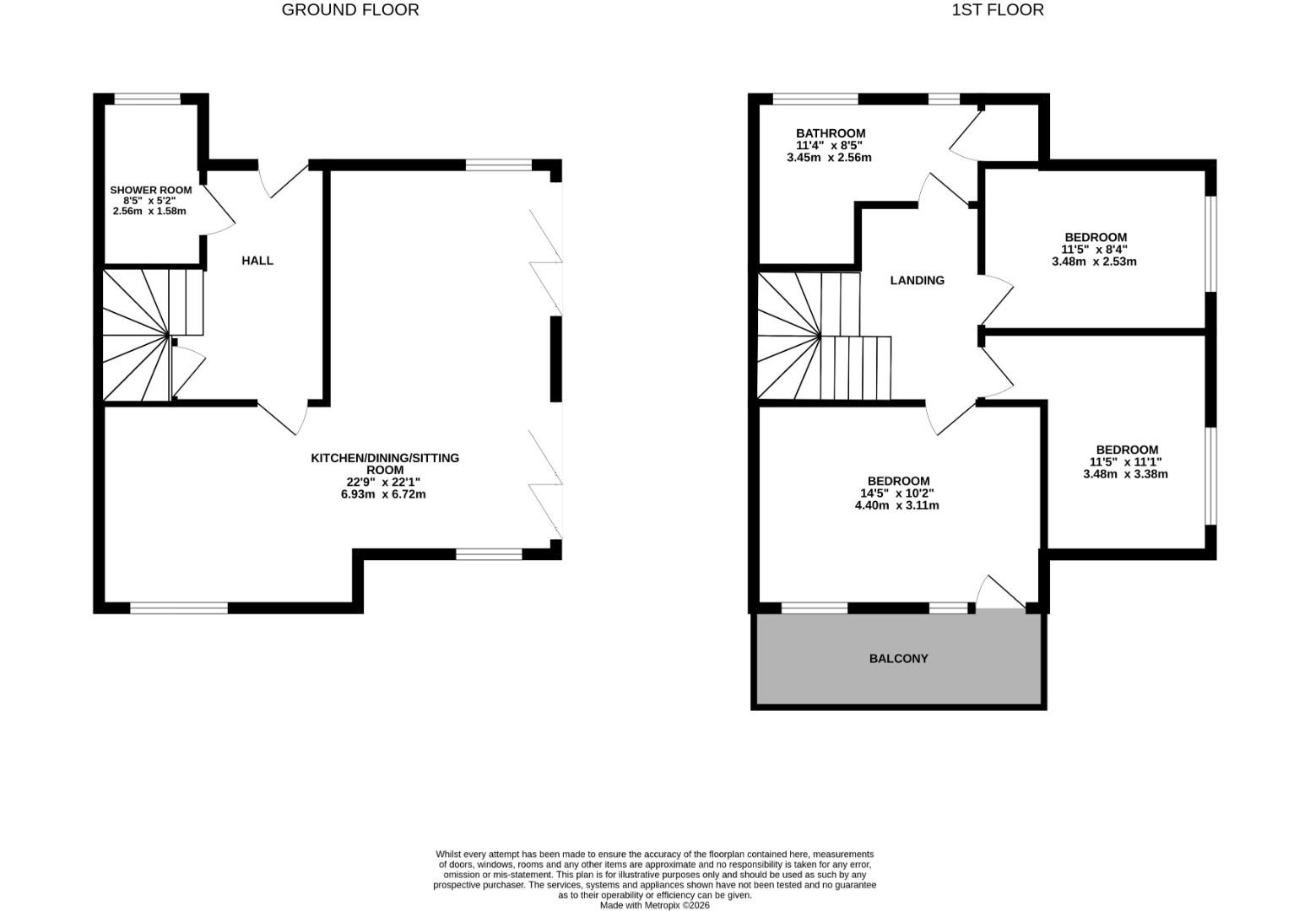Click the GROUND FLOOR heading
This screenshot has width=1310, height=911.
(350, 10)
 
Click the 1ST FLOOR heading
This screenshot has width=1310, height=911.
(997, 10)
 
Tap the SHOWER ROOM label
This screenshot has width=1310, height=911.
(150, 191)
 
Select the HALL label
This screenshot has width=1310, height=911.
(257, 261)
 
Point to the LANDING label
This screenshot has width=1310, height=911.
(917, 280)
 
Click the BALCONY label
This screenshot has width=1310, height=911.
(898, 659)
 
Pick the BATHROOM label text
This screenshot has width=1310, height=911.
(830, 133)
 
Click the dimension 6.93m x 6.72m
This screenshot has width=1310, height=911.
(383, 494)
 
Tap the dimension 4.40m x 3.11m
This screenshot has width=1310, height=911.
(896, 506)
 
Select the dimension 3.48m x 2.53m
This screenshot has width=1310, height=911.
(1094, 261)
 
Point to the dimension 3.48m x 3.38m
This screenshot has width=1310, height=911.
(1125, 474)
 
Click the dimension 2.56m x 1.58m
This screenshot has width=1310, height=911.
(149, 211)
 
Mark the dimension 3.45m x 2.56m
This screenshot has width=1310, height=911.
(829, 158)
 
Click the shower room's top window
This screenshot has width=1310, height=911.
(148, 99)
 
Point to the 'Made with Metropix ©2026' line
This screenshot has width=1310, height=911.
(654, 905)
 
